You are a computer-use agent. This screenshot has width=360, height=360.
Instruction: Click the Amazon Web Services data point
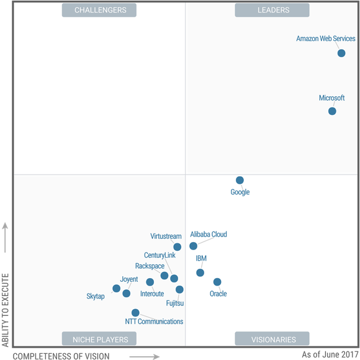[341, 53]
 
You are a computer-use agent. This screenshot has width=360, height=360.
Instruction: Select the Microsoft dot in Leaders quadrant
[332, 111]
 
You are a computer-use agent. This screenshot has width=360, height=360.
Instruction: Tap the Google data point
[240, 180]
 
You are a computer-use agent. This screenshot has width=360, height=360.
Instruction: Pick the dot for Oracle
[217, 282]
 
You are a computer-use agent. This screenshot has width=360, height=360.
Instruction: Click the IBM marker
[200, 272]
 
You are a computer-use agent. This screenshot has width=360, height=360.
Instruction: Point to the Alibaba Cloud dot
[193, 246]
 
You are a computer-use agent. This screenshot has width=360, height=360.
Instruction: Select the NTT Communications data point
[135, 313]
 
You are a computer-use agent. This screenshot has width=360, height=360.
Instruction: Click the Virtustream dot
[178, 246]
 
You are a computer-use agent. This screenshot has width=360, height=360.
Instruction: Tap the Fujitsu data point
[179, 289]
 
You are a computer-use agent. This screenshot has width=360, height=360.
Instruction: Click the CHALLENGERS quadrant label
[100, 10]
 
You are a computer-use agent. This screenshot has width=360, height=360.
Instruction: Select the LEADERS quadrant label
[273, 10]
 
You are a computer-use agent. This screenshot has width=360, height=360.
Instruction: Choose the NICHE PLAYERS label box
[100, 340]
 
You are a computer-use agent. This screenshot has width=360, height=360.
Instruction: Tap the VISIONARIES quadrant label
[273, 340]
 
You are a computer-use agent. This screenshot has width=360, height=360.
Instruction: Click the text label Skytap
[96, 297]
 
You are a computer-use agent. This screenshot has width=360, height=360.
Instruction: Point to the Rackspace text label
[150, 266]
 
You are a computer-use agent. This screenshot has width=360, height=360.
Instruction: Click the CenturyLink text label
[160, 256]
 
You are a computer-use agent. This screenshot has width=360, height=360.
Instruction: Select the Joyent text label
[129, 279]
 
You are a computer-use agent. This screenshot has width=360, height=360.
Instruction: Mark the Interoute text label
[152, 294]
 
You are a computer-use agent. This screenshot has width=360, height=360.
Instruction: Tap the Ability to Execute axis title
[5, 308]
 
